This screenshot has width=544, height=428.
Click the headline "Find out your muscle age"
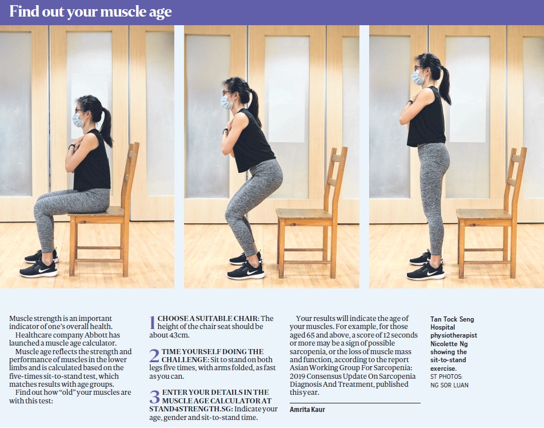(x=90, y=12)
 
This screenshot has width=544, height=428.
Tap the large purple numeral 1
(x=153, y=322)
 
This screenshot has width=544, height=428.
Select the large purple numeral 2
(x=154, y=356)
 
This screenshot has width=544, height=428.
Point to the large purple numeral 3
(x=154, y=397)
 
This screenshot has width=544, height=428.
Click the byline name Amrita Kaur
(x=307, y=410)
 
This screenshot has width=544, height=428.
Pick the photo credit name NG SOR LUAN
(x=449, y=385)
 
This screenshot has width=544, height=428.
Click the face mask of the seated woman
(x=78, y=120)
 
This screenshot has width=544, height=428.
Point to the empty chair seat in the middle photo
(x=303, y=213)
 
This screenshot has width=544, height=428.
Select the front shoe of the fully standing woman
(x=426, y=272)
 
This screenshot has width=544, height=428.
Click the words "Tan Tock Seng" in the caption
(x=452, y=319)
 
